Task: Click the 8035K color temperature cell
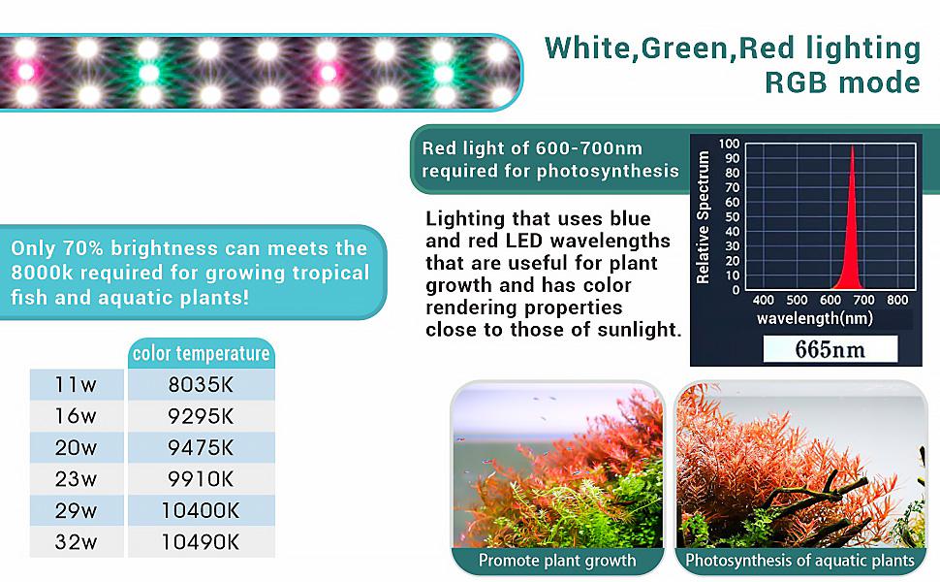201,385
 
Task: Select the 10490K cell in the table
201,541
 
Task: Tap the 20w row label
77,448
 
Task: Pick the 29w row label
77,510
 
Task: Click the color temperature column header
201,353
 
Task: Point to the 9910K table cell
201,479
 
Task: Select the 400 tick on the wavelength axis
763,301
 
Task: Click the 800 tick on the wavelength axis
897,301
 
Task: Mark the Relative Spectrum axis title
705,217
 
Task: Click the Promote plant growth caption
557,561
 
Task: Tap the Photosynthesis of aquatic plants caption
799,561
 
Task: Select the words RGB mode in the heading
842,82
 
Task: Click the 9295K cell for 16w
201,417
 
